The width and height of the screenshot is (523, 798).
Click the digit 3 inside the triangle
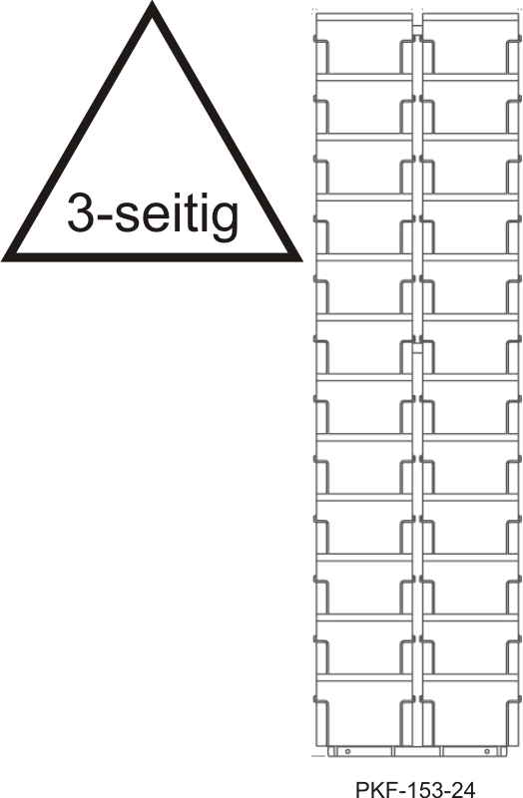[x=83, y=211]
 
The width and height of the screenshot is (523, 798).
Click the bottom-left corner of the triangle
[x=3, y=260]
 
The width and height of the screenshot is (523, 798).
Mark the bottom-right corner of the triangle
[x=301, y=260]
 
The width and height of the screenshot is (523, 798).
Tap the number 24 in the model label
[x=462, y=789]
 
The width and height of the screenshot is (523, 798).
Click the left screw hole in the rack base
[x=348, y=751]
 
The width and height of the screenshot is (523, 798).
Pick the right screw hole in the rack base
[x=487, y=751]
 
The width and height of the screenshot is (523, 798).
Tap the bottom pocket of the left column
[x=363, y=713]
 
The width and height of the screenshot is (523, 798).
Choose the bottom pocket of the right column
[x=470, y=713]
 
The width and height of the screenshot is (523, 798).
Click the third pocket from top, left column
[x=363, y=167]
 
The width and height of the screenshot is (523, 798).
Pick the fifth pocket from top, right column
[x=470, y=287]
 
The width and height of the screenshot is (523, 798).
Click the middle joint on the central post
[x=417, y=347]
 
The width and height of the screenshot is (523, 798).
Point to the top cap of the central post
[x=417, y=30]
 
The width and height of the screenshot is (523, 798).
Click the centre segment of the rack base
[x=417, y=751]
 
